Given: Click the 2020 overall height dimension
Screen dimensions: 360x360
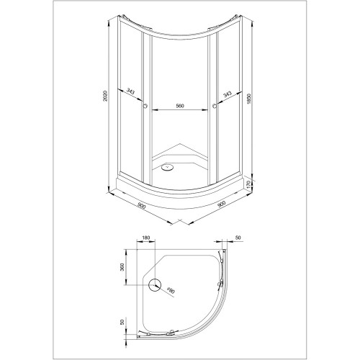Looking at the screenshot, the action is [105, 96].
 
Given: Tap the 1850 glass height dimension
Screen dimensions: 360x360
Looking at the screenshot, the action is [248, 99].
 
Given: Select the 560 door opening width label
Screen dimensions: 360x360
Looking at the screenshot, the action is [180, 106].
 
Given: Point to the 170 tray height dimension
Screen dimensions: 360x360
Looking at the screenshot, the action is [248, 184].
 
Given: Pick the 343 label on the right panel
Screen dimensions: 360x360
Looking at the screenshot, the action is [227, 94].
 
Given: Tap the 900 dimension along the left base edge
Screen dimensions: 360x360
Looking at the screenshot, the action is [142, 206].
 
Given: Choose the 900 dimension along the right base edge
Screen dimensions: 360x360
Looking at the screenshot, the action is [221, 204].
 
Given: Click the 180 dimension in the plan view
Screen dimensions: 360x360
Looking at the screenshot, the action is [146, 238].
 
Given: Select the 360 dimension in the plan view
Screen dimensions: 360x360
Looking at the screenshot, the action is [122, 267].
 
